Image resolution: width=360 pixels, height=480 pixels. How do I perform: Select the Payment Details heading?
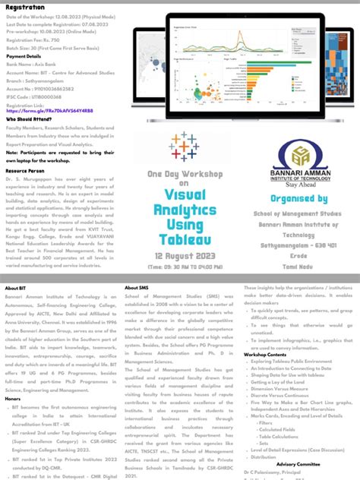pos(24,55)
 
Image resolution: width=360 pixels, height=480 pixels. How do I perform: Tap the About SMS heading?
pos(133,288)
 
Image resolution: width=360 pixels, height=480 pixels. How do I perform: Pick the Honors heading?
pos(13,398)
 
